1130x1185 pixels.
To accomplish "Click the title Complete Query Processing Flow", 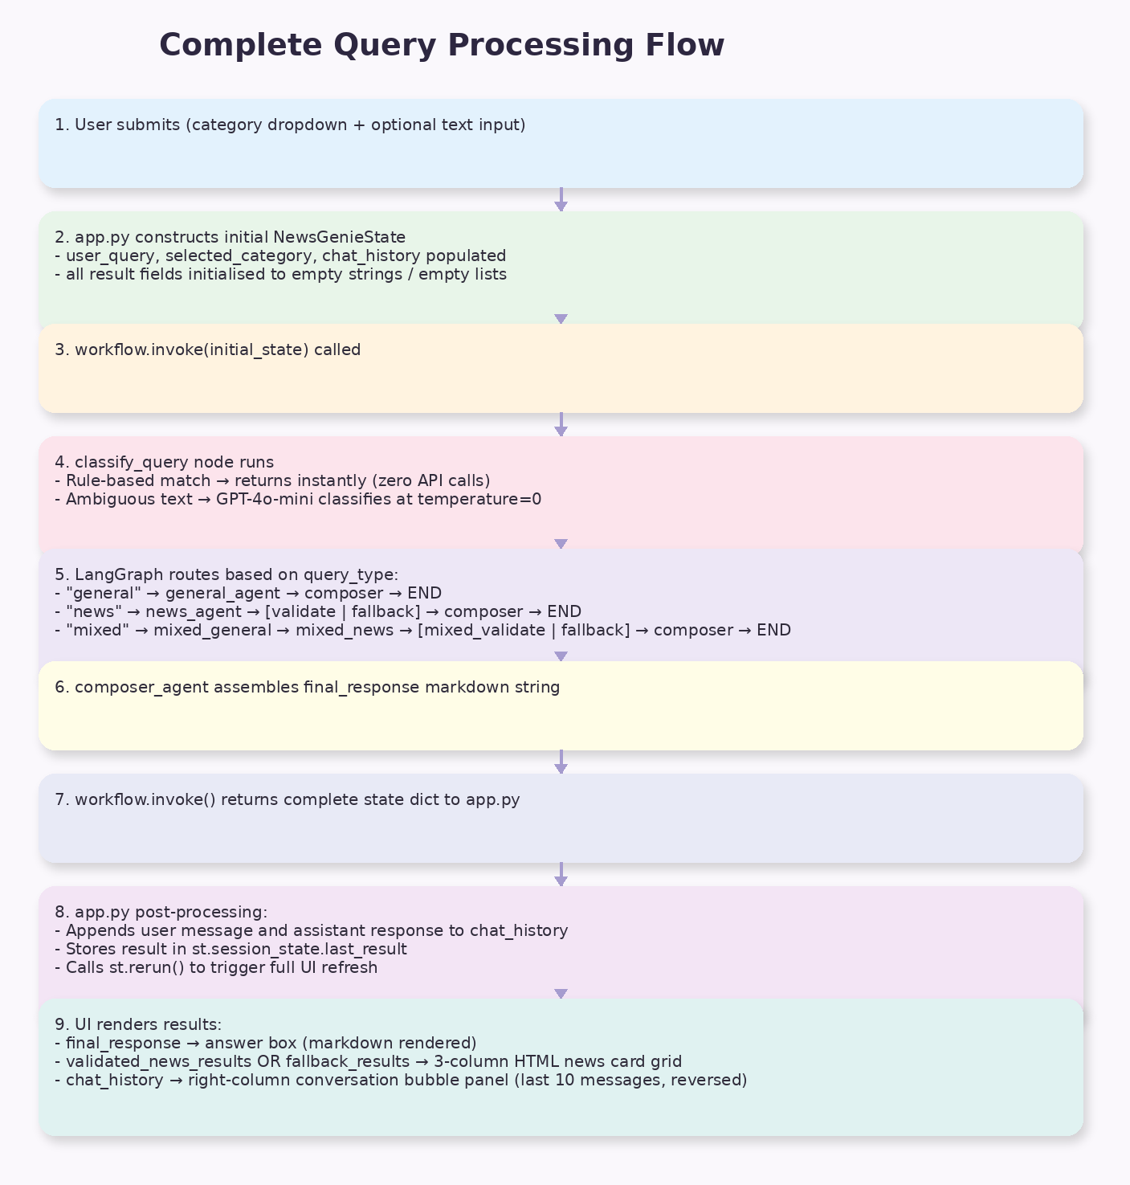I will pyautogui.click(x=442, y=45).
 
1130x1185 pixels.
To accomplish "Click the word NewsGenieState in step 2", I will pyautogui.click(x=339, y=237).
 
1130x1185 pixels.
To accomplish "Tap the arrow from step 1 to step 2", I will pyautogui.click(x=561, y=200).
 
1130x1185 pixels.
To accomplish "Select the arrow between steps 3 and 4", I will pyautogui.click(x=561, y=425).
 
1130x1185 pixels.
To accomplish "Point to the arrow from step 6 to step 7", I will pyautogui.click(x=561, y=762).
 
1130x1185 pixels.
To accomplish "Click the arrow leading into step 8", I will pyautogui.click(x=561, y=875).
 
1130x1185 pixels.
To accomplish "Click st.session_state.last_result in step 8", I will pyautogui.click(x=299, y=949).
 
